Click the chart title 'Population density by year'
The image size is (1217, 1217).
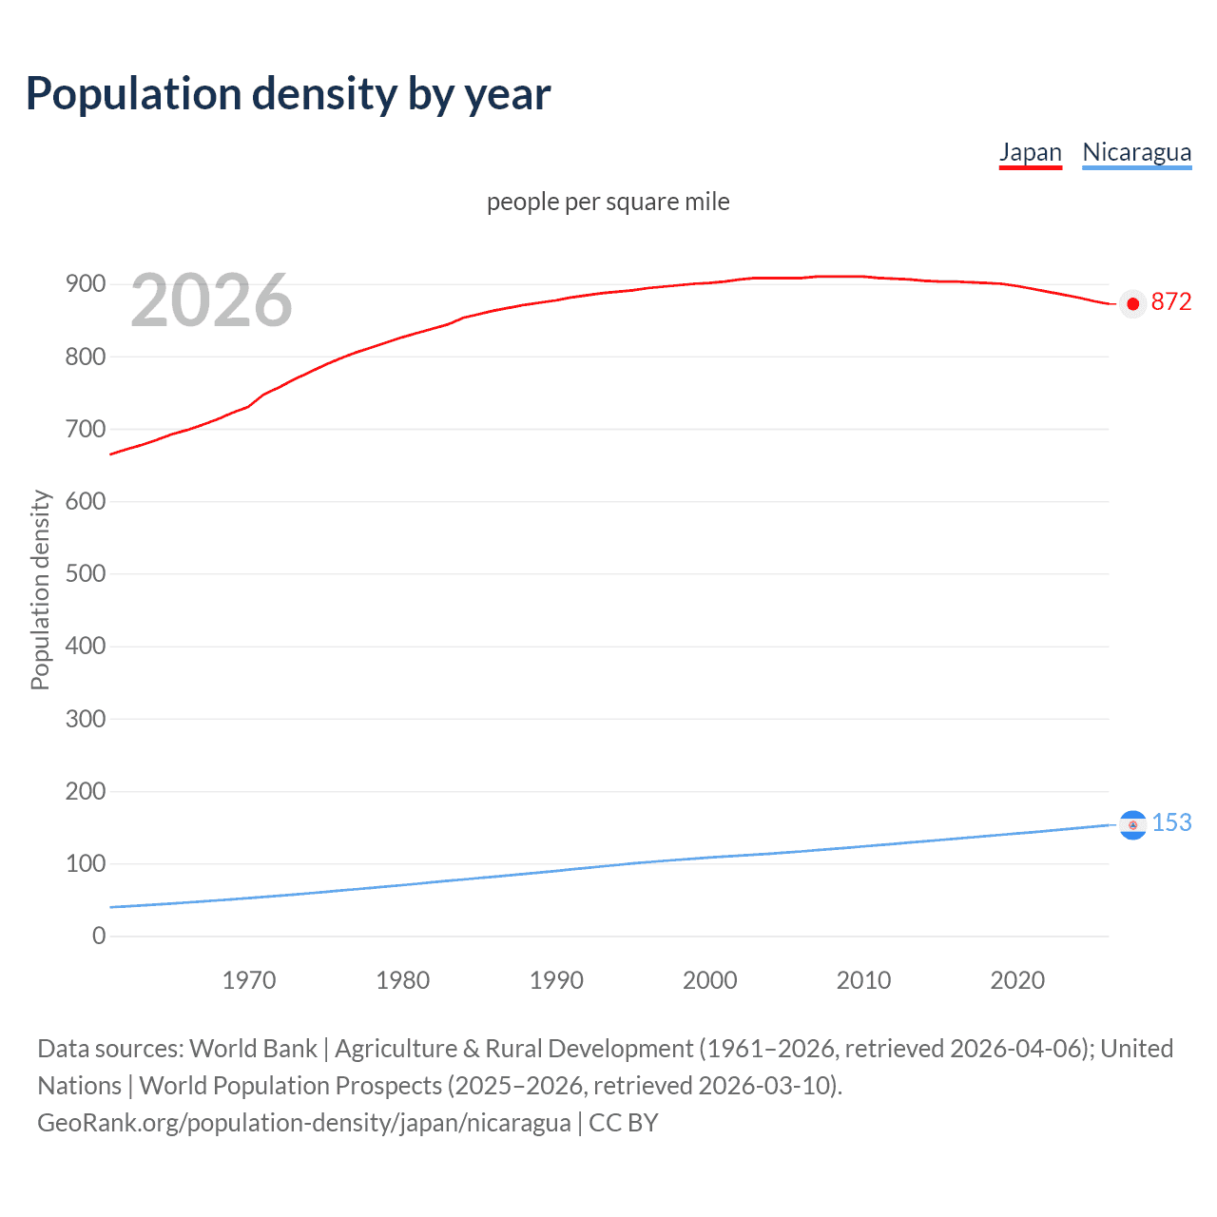[x=288, y=94]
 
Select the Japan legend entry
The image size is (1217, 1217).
[x=1030, y=152]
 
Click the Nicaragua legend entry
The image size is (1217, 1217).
[x=1136, y=152]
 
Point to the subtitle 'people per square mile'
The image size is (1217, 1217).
[x=608, y=202]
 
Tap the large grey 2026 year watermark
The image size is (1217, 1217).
[x=211, y=300]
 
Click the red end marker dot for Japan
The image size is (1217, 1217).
[x=1132, y=304]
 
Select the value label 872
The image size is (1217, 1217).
[x=1170, y=301]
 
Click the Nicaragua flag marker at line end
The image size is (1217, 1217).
[x=1132, y=825]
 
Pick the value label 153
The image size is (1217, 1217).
[x=1171, y=822]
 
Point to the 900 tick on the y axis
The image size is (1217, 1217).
[x=86, y=284]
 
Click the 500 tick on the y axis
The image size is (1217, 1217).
[x=86, y=574]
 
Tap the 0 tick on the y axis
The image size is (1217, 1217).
[x=99, y=937]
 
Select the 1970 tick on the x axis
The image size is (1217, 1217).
[x=249, y=980]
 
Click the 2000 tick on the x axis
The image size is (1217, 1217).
[x=710, y=980]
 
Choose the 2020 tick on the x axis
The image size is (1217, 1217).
[x=1017, y=980]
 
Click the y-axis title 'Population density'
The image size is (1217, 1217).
[x=40, y=589]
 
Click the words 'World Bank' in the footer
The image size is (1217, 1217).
[x=253, y=1049]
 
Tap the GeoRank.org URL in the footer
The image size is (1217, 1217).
[x=304, y=1123]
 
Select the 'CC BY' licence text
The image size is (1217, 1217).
[x=624, y=1123]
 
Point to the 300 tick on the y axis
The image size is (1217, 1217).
[x=86, y=719]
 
